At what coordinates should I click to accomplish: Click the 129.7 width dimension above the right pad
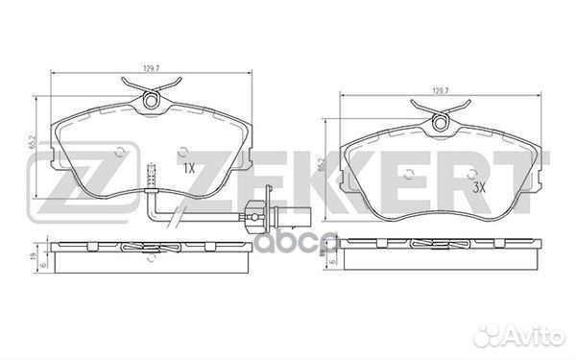click(441, 91)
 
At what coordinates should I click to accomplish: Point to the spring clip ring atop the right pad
click(440, 122)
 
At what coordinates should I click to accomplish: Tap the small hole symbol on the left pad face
click(120, 151)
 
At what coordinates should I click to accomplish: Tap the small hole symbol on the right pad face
click(409, 175)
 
